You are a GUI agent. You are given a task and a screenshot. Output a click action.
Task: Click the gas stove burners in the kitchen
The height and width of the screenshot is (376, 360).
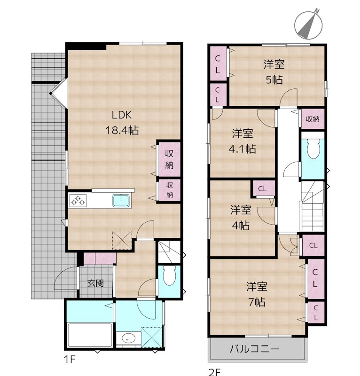78,201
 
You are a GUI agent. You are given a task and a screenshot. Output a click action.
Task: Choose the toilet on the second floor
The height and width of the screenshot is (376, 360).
312,150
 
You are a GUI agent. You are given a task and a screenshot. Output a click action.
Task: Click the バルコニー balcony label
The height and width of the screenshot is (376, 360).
255,349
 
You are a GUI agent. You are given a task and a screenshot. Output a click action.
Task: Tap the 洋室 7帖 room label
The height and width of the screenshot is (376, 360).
256,294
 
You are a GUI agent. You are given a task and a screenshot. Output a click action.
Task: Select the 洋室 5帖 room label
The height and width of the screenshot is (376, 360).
274,72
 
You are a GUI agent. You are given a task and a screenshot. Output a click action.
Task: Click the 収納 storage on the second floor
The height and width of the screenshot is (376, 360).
313,119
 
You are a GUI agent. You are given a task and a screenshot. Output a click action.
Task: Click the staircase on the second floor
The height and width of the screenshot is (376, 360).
312,207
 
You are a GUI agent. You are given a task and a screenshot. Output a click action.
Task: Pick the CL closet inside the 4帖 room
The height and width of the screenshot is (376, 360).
263,189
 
